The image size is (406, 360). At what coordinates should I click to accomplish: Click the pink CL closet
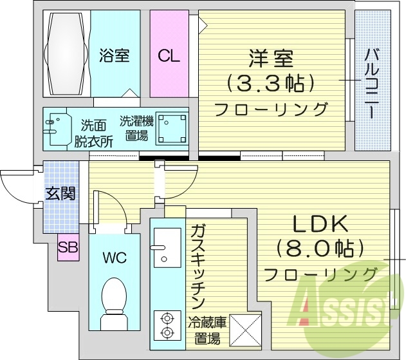169,56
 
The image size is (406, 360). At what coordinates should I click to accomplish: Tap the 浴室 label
115,56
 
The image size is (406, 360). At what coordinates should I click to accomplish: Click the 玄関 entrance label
60,193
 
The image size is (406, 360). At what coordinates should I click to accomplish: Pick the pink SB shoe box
67,247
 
